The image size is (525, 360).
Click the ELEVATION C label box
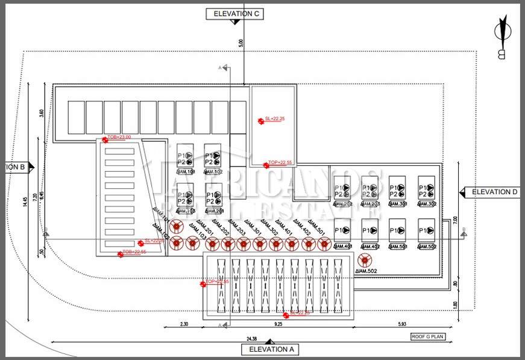pyautogui.click(x=234, y=13)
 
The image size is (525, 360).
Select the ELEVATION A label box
pyautogui.click(x=269, y=349)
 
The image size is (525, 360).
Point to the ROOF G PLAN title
pyautogui.click(x=428, y=336)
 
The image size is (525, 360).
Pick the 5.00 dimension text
pyautogui.click(x=240, y=43)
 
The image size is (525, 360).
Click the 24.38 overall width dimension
pyautogui.click(x=252, y=338)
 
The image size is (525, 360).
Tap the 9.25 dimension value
pyautogui.click(x=278, y=324)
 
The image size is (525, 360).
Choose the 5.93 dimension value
pyautogui.click(x=401, y=324)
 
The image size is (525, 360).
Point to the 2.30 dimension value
pyautogui.click(x=184, y=324)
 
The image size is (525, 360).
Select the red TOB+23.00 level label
pyautogui.click(x=119, y=137)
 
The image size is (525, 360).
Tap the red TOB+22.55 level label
pyautogui.click(x=134, y=251)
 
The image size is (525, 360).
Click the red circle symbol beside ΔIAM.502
pyautogui.click(x=364, y=260)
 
